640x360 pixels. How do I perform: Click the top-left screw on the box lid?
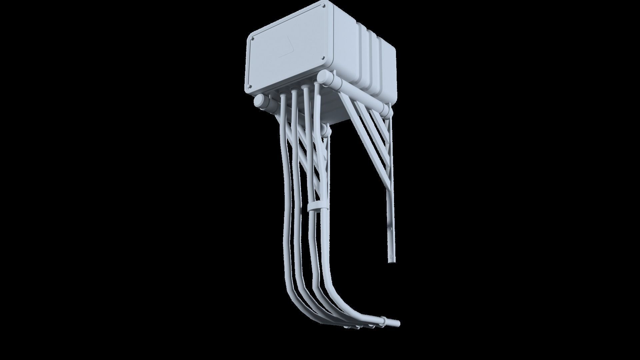252,39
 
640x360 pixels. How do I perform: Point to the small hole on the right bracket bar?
390,229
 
